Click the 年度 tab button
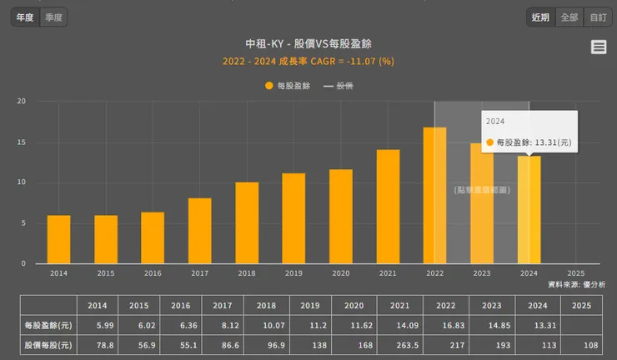tap(25, 17)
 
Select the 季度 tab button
tap(54, 17)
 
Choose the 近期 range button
tap(540, 17)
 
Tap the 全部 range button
tap(569, 17)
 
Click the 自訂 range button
tap(597, 17)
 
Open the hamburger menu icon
tap(599, 47)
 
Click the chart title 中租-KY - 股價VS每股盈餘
tap(308, 43)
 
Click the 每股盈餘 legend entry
tap(288, 85)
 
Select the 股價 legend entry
tap(338, 85)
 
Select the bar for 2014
tap(58, 239)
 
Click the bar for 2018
tap(247, 222)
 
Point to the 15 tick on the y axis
tap(23, 142)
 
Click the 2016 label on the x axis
tap(153, 272)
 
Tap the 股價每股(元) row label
tap(48, 345)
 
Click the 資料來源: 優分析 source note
tap(576, 284)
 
